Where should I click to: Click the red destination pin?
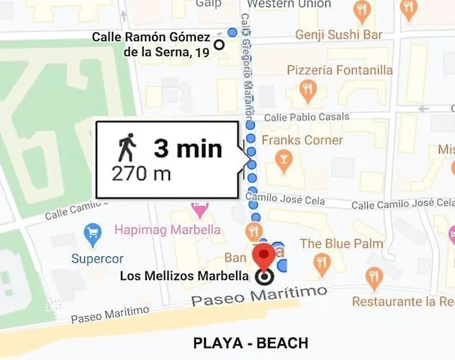click(265, 256)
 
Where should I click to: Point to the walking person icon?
click(127, 149)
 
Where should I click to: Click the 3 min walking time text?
click(187, 149)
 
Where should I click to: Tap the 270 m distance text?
click(140, 174)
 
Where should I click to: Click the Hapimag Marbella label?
click(167, 231)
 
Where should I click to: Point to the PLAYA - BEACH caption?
click(251, 343)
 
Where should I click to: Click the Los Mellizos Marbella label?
click(184, 276)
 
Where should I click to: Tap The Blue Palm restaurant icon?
click(322, 264)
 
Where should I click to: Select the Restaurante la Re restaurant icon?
click(374, 278)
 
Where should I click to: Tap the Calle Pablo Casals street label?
click(302, 117)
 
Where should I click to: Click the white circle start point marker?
click(220, 45)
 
